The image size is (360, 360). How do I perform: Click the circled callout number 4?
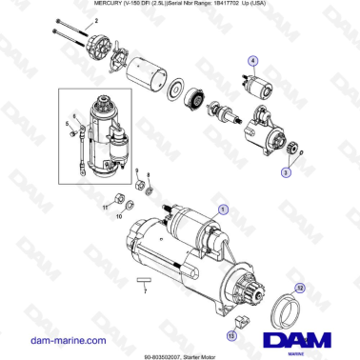(252, 60)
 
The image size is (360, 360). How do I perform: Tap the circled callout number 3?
(285, 174)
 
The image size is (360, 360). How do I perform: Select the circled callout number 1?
(222, 208)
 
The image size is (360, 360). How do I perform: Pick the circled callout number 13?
(231, 334)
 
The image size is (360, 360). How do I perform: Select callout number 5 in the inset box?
(67, 124)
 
